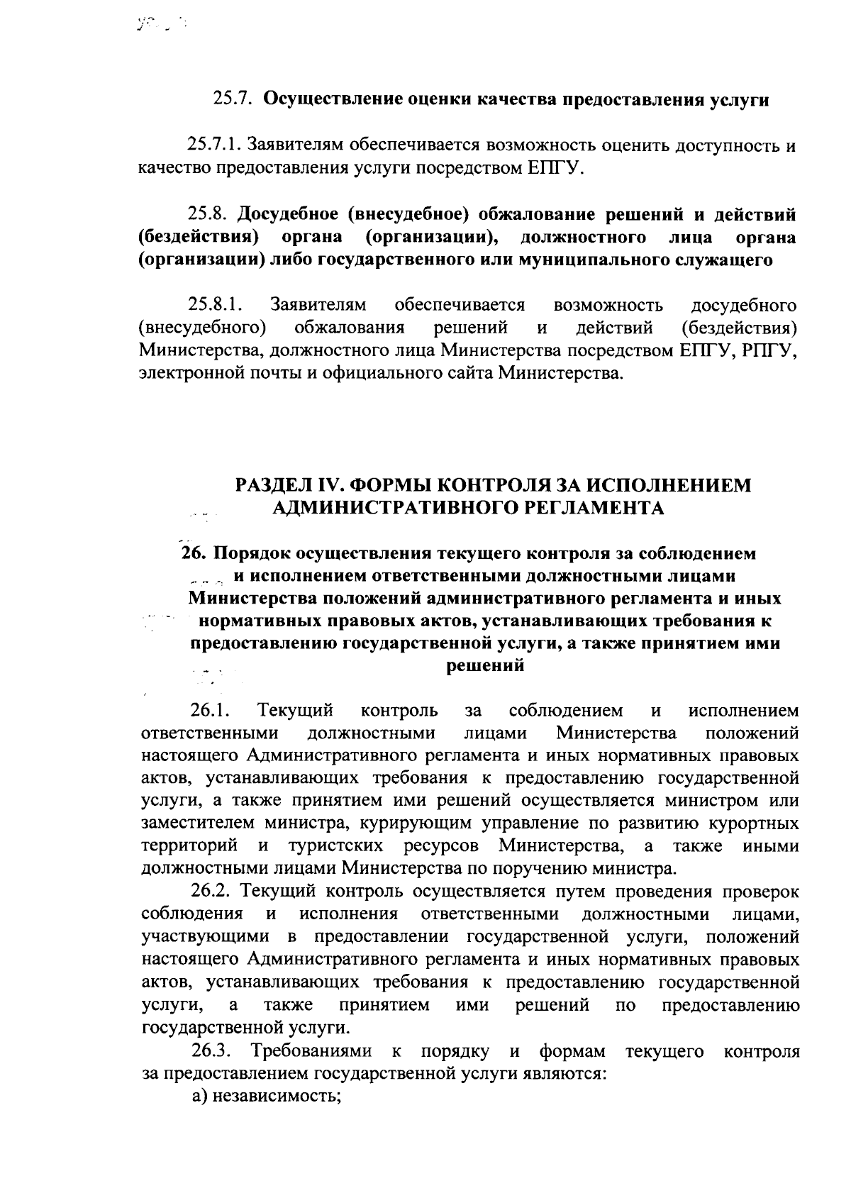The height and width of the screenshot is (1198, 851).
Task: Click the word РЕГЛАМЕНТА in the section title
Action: tap(596, 508)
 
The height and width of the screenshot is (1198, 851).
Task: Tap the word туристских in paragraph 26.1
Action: tap(337, 846)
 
